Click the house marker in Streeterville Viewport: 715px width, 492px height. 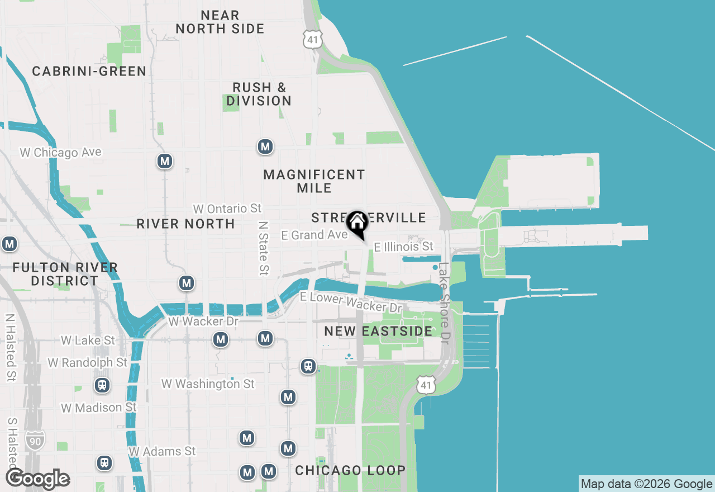click(357, 223)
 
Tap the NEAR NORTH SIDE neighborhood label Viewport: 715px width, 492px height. click(220, 22)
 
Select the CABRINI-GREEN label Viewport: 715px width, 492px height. click(89, 72)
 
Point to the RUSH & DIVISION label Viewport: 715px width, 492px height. click(259, 94)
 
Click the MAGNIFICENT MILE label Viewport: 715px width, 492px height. click(314, 181)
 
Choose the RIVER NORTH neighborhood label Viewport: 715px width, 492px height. click(185, 224)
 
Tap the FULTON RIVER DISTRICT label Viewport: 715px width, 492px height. click(65, 274)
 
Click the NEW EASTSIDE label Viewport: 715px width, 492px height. click(378, 331)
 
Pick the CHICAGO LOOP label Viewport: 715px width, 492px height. click(350, 470)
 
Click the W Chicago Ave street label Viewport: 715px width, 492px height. click(60, 152)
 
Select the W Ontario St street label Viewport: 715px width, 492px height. click(227, 209)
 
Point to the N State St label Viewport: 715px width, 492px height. click(263, 248)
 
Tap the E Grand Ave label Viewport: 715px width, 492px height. click(314, 235)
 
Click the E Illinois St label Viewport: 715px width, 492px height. click(403, 247)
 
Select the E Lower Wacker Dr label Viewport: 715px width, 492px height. click(351, 302)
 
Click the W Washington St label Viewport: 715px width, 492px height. click(208, 384)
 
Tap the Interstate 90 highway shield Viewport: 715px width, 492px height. click(35, 441)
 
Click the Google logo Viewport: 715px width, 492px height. click(37, 479)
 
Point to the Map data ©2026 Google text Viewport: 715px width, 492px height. click(646, 484)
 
